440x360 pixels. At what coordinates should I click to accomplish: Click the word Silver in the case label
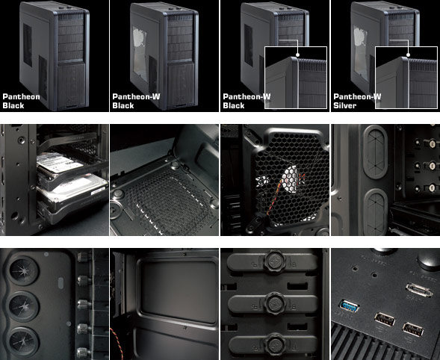[x=345, y=105]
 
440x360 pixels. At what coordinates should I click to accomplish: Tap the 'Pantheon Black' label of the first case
[x=22, y=101]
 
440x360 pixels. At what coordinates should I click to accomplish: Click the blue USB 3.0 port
[x=350, y=306]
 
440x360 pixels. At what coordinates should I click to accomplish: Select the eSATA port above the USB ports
[x=419, y=290]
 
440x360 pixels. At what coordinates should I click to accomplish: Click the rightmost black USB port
[x=413, y=329]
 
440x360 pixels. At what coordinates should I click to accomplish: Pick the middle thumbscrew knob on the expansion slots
[x=274, y=303]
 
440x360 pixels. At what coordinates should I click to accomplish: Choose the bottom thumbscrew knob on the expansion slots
[x=275, y=344]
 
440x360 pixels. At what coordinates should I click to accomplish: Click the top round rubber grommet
[x=24, y=270]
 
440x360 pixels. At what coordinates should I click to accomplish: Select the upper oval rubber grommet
[x=376, y=152]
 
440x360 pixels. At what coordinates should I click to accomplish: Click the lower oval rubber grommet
[x=375, y=212]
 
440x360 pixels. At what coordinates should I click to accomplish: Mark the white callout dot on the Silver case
[x=408, y=55]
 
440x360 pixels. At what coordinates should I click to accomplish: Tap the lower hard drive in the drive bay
[x=72, y=193]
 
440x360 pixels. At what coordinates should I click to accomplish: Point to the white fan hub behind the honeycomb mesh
[x=290, y=179]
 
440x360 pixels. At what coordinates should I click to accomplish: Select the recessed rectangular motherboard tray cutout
[x=179, y=291]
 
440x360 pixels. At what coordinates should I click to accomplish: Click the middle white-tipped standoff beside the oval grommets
[x=432, y=165]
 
